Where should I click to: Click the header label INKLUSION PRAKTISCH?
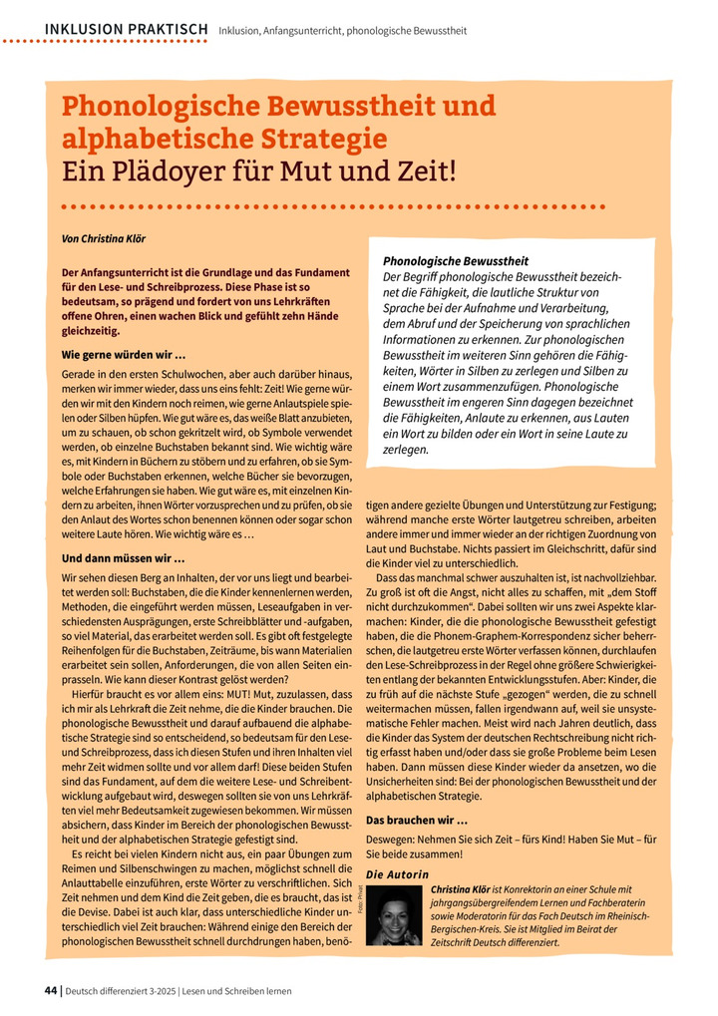pos(127,29)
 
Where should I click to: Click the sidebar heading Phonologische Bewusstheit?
pos(456,261)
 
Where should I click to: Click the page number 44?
pos(51,991)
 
